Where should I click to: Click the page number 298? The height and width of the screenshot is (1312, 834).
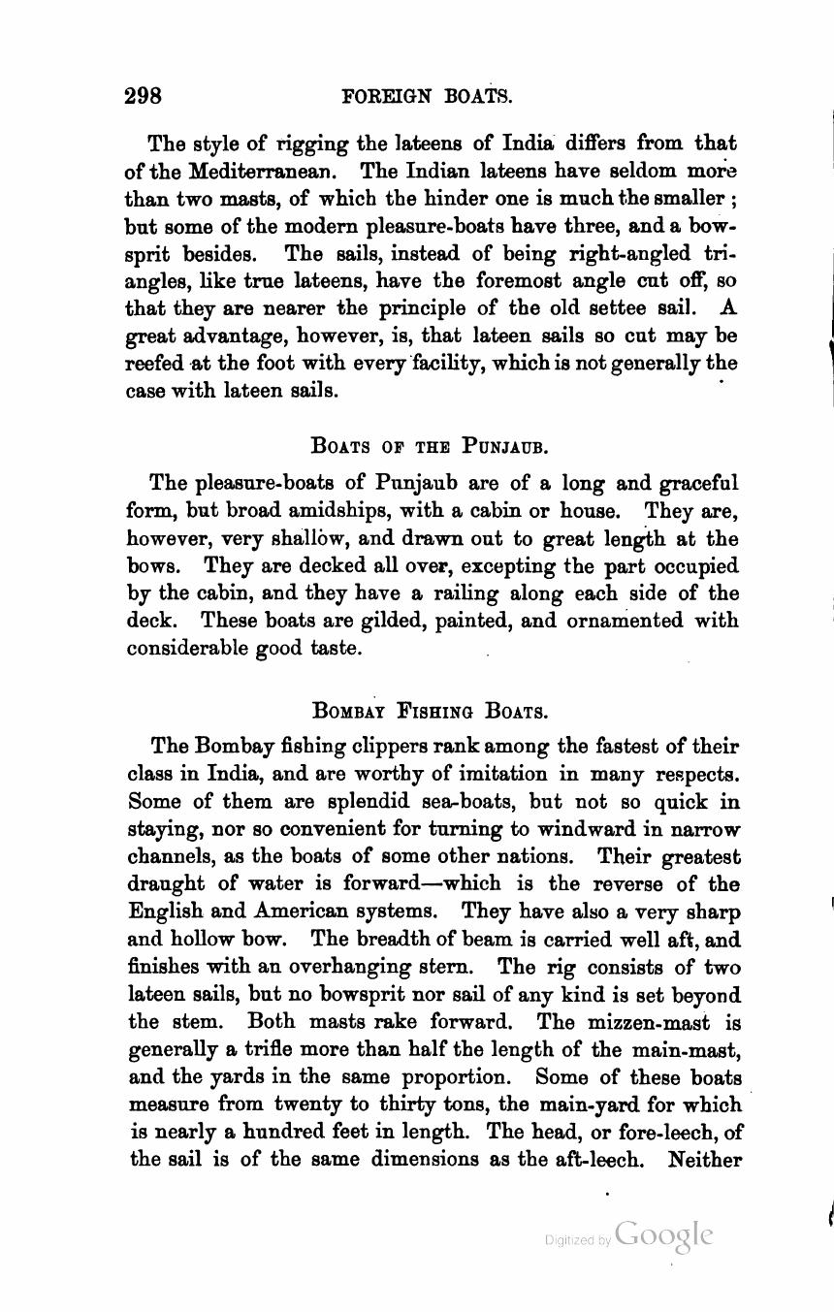(144, 96)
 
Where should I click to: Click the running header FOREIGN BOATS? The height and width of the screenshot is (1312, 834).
(427, 96)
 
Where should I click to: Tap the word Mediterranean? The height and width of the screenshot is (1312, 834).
(263, 171)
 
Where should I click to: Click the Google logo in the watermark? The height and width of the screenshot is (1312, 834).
(663, 1235)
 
